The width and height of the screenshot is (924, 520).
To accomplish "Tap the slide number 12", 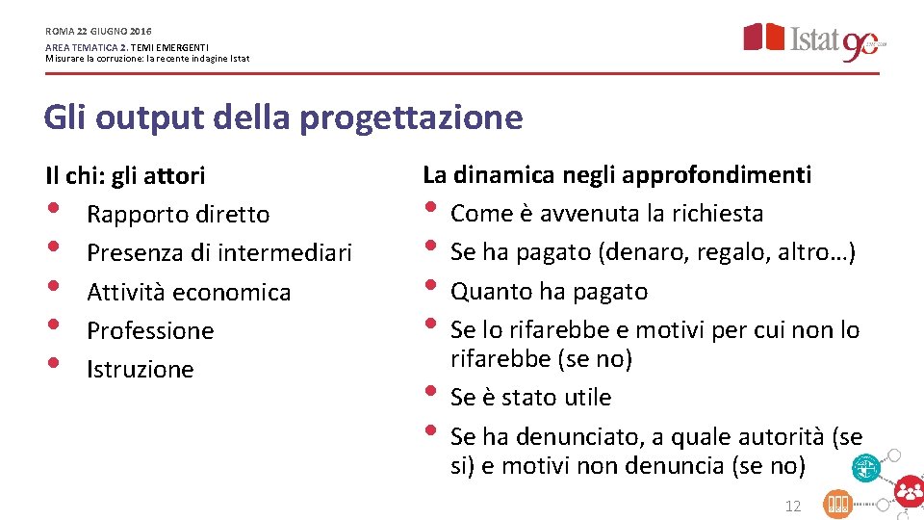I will pyautogui.click(x=793, y=506).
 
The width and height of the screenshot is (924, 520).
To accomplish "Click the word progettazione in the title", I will pyautogui.click(x=411, y=117).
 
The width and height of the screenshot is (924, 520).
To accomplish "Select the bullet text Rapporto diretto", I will pyautogui.click(x=178, y=214).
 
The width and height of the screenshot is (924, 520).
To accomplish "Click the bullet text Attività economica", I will pyautogui.click(x=189, y=292).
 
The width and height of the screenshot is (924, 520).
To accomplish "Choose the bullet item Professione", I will pyautogui.click(x=150, y=330).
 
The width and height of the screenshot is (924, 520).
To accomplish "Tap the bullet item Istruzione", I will pyautogui.click(x=141, y=369).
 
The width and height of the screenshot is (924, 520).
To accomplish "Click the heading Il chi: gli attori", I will pyautogui.click(x=125, y=175).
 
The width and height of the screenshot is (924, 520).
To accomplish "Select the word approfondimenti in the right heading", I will pyautogui.click(x=716, y=174).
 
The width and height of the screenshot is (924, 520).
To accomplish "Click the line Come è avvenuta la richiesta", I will pyautogui.click(x=606, y=213).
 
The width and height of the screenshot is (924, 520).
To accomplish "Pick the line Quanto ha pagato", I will pyautogui.click(x=549, y=291).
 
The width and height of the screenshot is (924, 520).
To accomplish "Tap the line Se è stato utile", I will pyautogui.click(x=530, y=397).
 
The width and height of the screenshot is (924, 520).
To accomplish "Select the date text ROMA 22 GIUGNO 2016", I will pyautogui.click(x=98, y=31).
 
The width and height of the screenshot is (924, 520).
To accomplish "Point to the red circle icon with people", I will pyautogui.click(x=908, y=492).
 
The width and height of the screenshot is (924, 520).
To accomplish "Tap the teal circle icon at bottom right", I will pyautogui.click(x=866, y=468).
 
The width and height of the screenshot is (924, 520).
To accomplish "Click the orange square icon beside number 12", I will pyautogui.click(x=837, y=504).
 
